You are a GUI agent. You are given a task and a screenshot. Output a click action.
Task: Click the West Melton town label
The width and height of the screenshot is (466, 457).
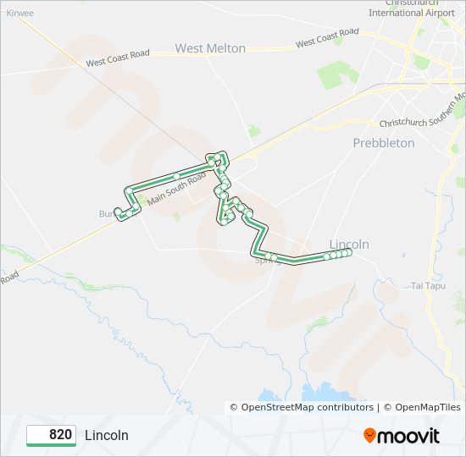(x=210, y=48)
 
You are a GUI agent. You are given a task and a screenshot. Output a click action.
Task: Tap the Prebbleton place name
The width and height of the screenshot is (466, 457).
(x=384, y=143)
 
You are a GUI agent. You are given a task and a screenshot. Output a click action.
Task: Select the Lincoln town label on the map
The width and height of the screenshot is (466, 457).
(x=349, y=244)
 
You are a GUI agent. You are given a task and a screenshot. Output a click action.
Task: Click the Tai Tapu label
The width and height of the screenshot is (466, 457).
(x=427, y=285)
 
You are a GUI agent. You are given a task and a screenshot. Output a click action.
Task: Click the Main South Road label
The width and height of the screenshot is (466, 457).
(x=176, y=192)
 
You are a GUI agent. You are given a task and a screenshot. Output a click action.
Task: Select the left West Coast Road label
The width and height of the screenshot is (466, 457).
(x=118, y=58)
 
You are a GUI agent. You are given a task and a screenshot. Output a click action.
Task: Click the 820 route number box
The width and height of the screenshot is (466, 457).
(x=52, y=435)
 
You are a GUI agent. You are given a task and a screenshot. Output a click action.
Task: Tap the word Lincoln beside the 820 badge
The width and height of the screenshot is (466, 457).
(x=107, y=435)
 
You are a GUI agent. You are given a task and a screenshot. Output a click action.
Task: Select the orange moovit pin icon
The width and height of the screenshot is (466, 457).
(x=370, y=435)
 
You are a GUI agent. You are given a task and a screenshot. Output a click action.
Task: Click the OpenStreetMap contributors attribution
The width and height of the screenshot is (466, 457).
(x=308, y=407)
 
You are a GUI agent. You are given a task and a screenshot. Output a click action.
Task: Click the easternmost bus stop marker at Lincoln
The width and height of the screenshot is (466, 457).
(x=348, y=252)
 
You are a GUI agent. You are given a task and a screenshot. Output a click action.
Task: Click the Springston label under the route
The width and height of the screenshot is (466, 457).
(x=268, y=262)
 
